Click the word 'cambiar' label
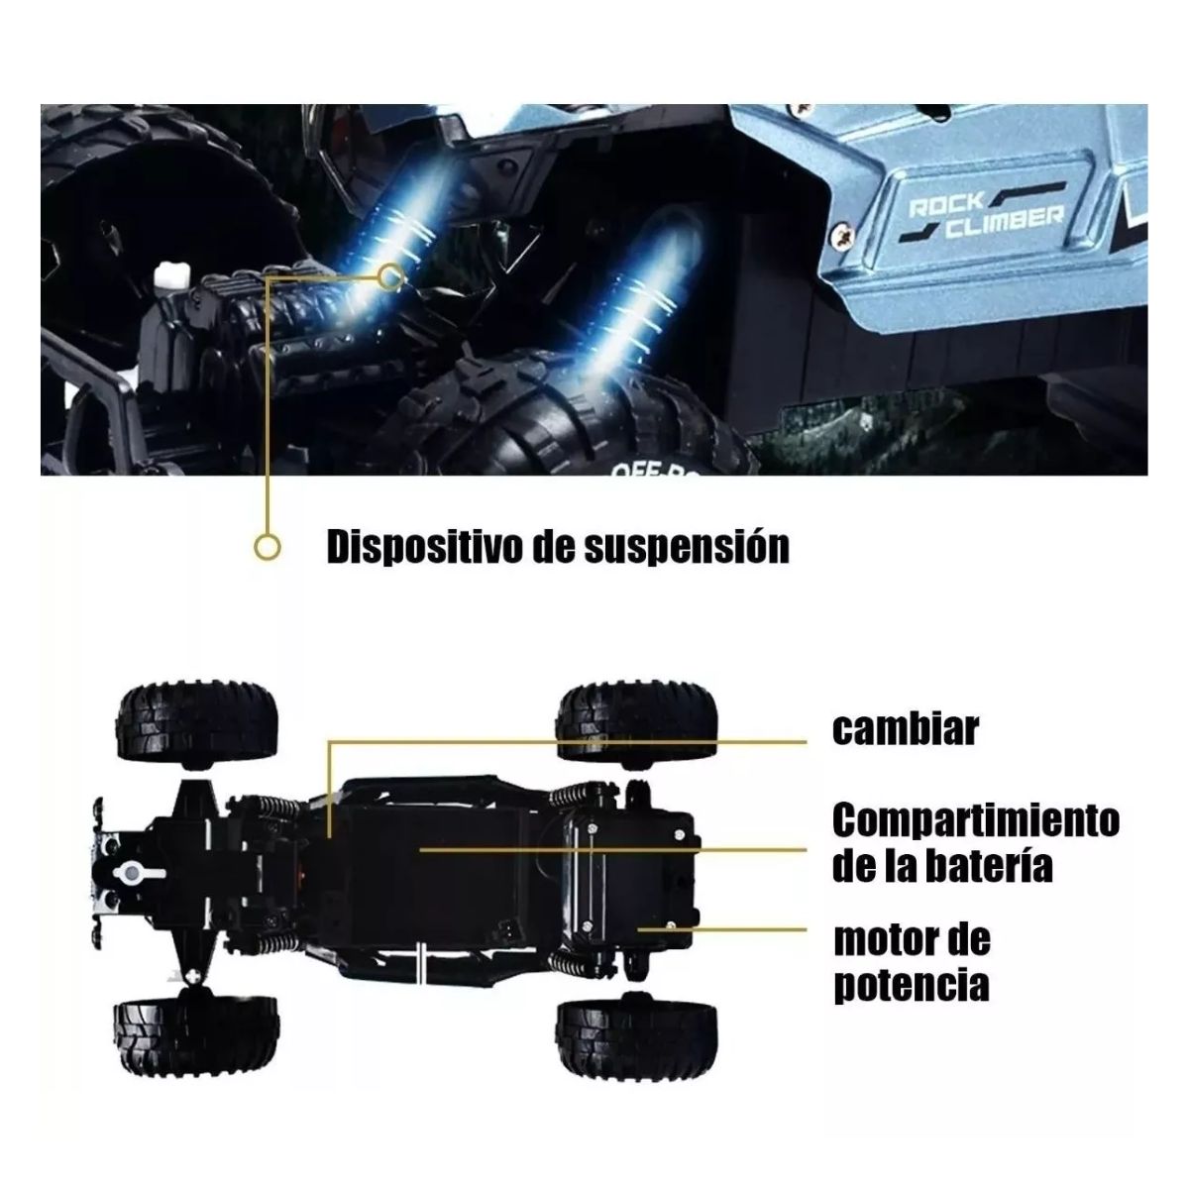point(905,729)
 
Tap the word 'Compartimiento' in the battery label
point(975,820)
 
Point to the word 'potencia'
point(911,985)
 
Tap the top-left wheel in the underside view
point(198,722)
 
